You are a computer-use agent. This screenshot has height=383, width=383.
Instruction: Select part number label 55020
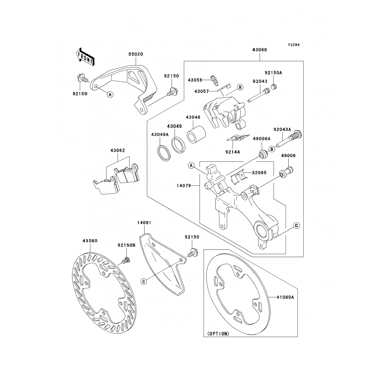pos(136,54)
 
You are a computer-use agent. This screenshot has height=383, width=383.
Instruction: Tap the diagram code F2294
pos(294,45)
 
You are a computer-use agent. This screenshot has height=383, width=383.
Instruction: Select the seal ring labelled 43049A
pos(162,153)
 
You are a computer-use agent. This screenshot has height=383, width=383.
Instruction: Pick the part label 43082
pos(117,150)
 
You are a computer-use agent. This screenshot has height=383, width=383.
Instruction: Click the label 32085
pos(259,173)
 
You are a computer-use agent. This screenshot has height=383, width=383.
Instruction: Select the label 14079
pos(184,186)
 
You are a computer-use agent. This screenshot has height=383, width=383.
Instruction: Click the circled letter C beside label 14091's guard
pos(144,281)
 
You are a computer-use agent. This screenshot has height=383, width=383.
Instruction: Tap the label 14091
pos(144,223)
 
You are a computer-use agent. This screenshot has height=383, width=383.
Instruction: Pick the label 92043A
pos(282,129)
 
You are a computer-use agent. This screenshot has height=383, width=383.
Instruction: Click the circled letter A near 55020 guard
pos(110,94)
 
